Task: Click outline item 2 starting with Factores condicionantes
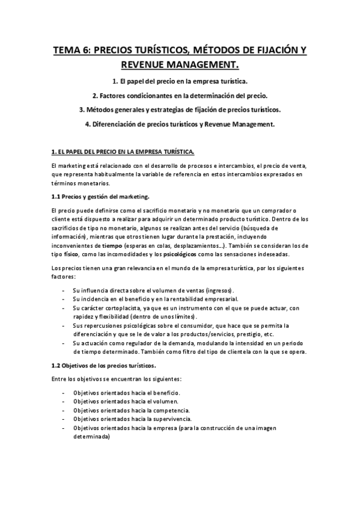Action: [180, 95]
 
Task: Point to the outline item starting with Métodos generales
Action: [180, 110]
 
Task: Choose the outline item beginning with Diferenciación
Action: [180, 124]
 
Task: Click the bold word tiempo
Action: [112, 245]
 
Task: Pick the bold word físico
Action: [73, 254]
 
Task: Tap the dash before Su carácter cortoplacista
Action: [64, 307]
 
